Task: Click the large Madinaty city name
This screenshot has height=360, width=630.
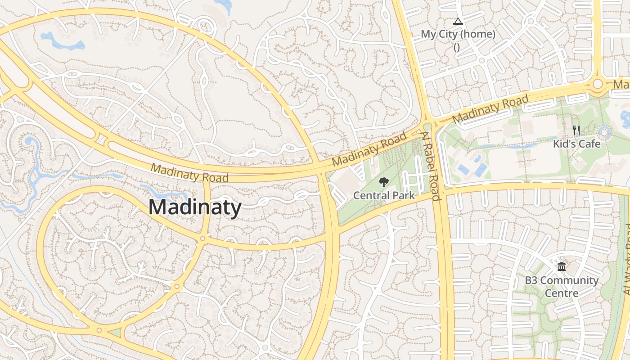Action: coord(195,207)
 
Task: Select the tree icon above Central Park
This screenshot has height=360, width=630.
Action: coord(383,182)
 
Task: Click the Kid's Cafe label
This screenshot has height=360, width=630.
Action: coord(576,144)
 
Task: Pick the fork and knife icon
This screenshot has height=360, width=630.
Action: coord(576,130)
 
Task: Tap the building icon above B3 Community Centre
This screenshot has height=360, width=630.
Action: coord(562,267)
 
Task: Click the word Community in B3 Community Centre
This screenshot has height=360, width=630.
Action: coord(569,281)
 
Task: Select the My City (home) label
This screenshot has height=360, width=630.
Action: coord(458,34)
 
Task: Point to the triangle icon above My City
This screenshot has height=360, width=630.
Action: coord(458,21)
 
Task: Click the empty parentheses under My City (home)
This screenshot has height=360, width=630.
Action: coord(457,46)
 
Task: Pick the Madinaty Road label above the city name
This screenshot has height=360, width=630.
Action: coord(189,173)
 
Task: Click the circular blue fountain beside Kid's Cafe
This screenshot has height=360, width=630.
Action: coord(604,132)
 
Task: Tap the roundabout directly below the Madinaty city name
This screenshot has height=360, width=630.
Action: coord(203,238)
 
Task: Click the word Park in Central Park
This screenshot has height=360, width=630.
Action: coord(401,196)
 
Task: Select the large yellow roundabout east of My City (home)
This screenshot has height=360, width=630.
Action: coord(598,84)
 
